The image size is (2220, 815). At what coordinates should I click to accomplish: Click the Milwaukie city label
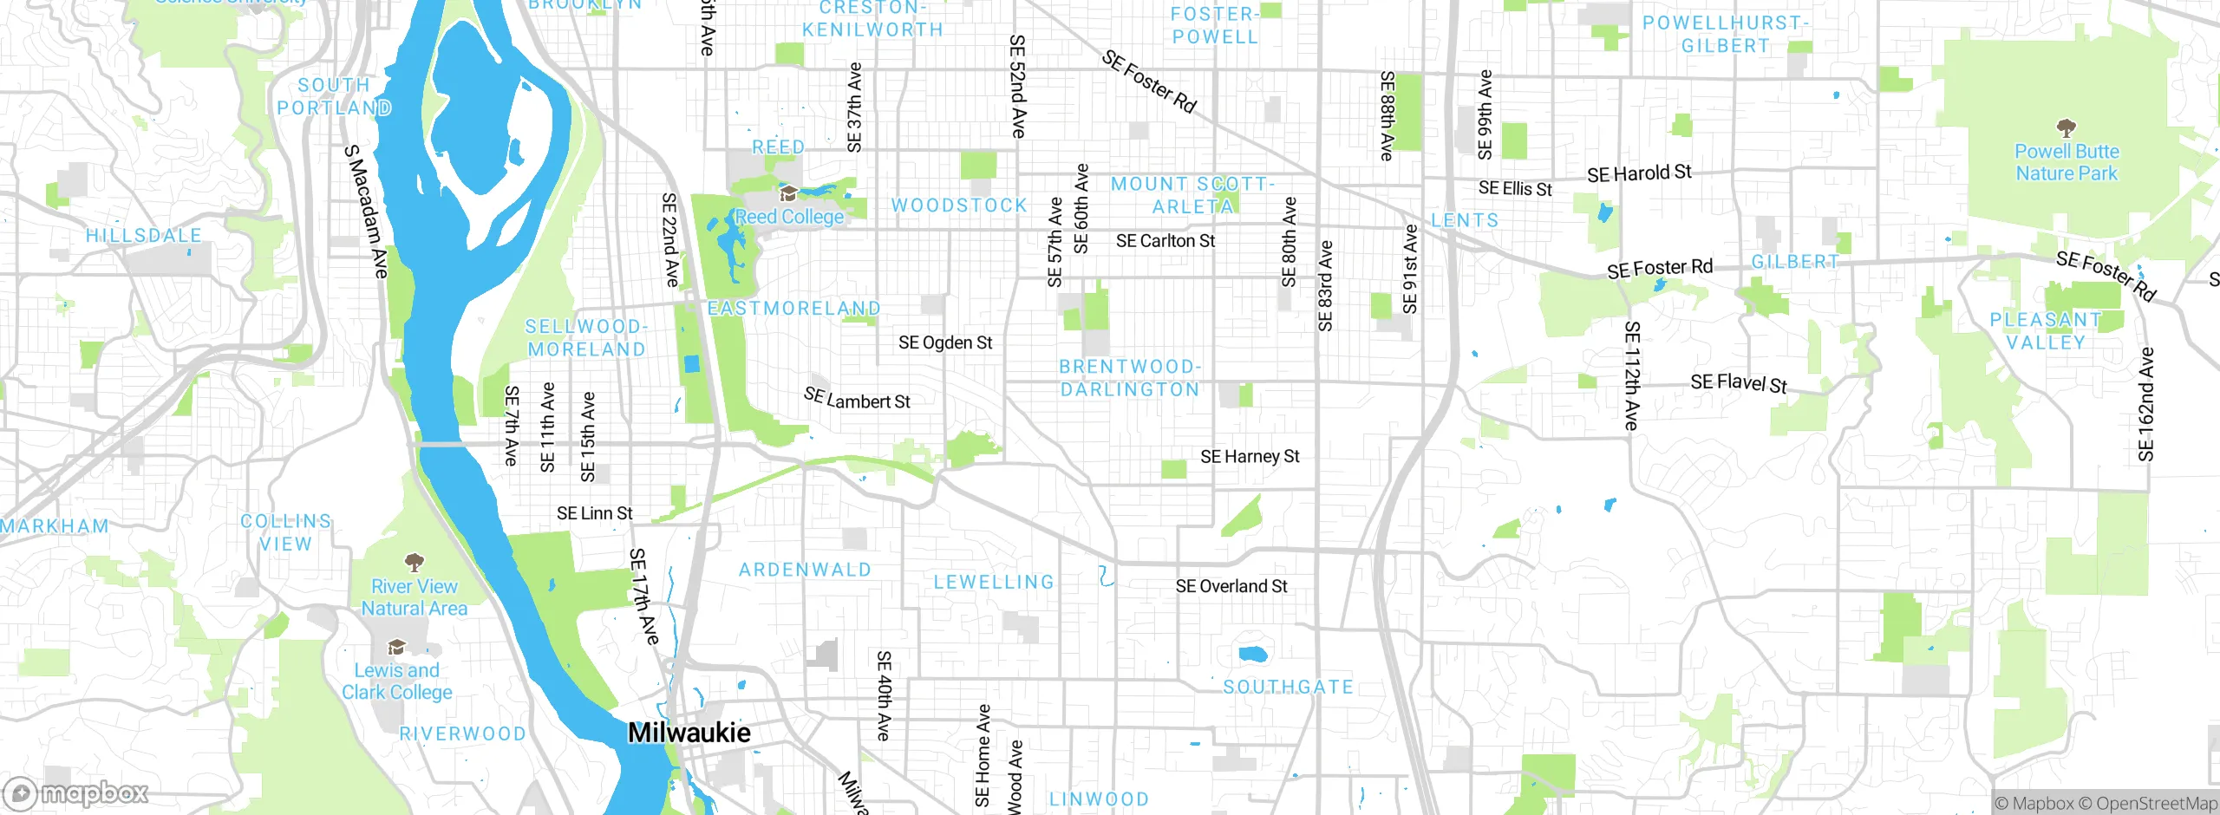(x=689, y=733)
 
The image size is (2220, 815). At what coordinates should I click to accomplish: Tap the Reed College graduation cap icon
(x=788, y=192)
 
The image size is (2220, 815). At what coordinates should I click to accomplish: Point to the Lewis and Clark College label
(x=396, y=681)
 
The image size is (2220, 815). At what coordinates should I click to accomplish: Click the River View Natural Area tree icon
(x=415, y=563)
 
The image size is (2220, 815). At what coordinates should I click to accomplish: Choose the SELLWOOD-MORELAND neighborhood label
(x=586, y=338)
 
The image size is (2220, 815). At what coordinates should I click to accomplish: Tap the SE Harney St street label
(x=1250, y=456)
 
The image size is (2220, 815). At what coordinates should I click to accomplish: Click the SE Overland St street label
(x=1231, y=586)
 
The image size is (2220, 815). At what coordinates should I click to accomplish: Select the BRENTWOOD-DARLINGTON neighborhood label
(x=1129, y=378)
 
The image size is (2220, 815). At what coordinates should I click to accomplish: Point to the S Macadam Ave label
(x=366, y=212)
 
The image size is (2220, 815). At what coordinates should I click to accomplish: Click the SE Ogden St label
(x=945, y=342)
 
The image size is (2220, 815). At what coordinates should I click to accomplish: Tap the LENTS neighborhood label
(x=1465, y=220)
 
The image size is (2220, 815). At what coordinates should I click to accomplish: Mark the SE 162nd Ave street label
(x=2145, y=404)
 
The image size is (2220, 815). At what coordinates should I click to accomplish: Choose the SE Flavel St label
(x=1739, y=383)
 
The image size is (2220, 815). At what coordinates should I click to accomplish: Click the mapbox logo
(x=76, y=792)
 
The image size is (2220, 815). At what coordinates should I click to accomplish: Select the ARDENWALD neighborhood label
(x=805, y=570)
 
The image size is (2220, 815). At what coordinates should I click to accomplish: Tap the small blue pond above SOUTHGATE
(x=1252, y=654)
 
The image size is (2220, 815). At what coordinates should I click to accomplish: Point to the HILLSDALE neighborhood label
(x=144, y=236)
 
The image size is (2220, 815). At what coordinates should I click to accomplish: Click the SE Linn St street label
(x=595, y=513)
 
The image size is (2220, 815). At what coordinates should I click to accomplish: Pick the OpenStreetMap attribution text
(x=2156, y=804)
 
